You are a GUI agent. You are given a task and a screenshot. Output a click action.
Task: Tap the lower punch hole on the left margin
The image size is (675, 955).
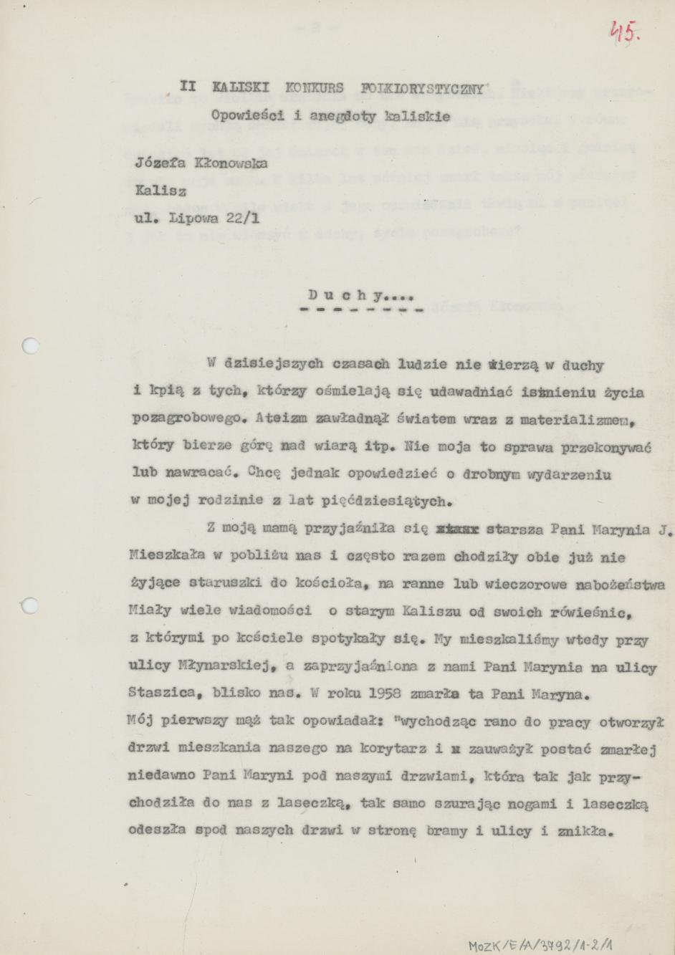(30, 605)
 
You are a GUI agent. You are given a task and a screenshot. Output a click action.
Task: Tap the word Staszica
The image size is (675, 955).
(160, 694)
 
